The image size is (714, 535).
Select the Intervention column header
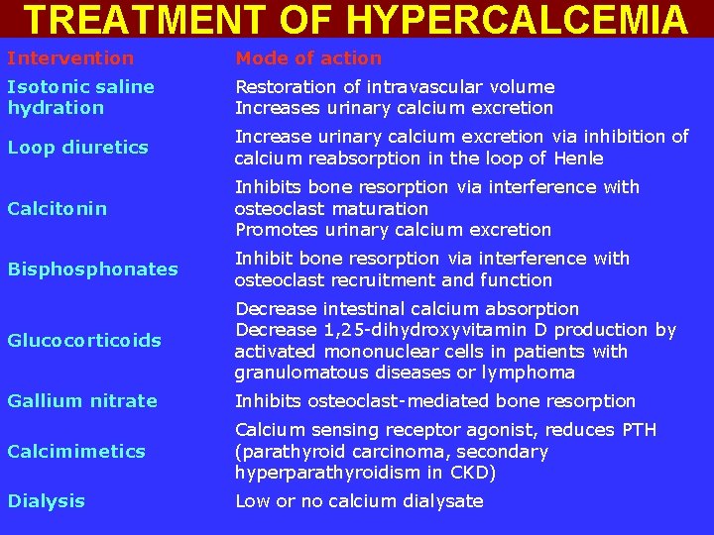coord(70,58)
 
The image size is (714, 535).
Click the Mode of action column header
coord(307,58)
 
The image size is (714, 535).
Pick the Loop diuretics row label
coord(77,148)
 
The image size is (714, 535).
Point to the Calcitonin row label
coord(58,208)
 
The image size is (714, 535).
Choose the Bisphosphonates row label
coord(92,268)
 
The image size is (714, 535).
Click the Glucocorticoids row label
coord(84,340)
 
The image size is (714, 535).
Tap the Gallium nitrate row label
coord(82,400)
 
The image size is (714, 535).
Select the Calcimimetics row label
coord(76,451)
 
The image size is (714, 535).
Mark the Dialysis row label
coord(46,501)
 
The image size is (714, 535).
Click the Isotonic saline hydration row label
coord(80,97)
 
